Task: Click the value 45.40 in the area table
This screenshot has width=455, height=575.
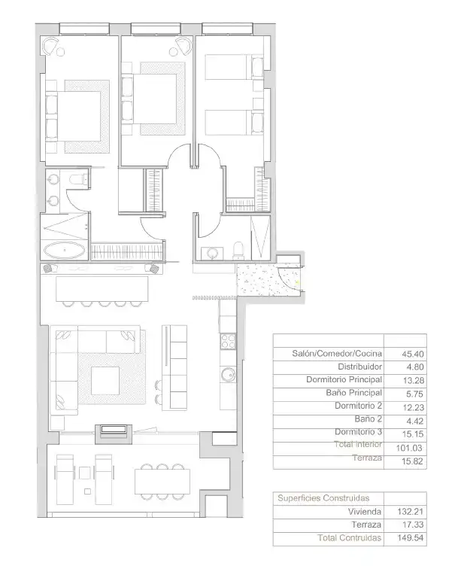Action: click(413, 354)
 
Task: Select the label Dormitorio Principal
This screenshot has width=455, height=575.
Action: click(344, 379)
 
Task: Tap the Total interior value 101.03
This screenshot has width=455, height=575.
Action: click(409, 448)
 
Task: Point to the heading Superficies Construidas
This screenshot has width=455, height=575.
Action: click(323, 498)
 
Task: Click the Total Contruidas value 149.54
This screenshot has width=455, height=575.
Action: click(411, 538)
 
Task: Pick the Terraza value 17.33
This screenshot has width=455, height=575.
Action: click(413, 525)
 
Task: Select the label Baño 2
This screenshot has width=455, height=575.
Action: click(369, 418)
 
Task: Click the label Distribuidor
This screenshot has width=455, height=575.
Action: click(359, 367)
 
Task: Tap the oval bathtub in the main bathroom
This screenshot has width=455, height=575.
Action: click(65, 251)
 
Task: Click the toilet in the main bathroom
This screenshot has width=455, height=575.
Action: click(78, 179)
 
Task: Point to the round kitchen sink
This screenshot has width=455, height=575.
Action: click(229, 374)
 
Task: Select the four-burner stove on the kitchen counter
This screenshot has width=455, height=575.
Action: click(228, 341)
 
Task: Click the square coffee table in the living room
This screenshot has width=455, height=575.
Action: click(105, 381)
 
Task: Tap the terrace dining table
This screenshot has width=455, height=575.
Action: click(162, 482)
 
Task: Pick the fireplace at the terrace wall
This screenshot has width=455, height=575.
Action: click(114, 434)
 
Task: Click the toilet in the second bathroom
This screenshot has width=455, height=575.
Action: click(238, 251)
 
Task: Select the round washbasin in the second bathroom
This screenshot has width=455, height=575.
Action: click(213, 254)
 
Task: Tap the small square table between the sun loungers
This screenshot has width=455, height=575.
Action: click(85, 473)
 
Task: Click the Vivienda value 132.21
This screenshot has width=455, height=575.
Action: click(411, 512)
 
